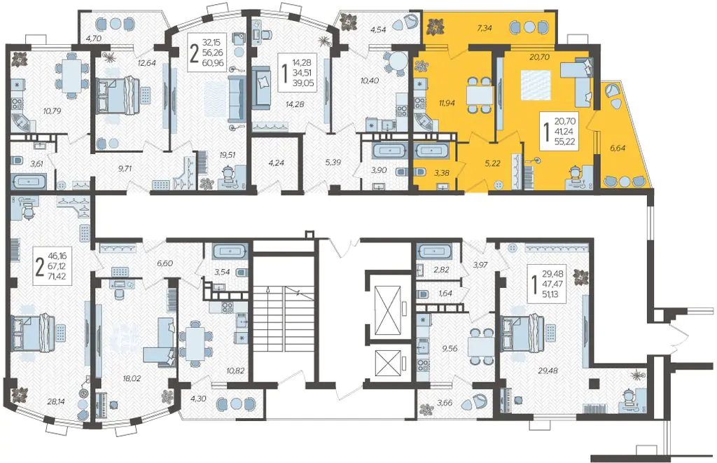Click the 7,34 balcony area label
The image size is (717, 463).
485,28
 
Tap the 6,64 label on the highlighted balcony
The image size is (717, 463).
618,148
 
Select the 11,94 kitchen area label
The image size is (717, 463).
447,103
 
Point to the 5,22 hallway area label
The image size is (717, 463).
492,163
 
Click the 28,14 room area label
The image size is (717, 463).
56,401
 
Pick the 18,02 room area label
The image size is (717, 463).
132,378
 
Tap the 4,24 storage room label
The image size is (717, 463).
276,162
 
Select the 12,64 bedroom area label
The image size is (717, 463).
147,62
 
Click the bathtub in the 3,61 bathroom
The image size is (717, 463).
29,181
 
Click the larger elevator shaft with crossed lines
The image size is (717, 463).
387,309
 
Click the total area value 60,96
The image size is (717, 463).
213,62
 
